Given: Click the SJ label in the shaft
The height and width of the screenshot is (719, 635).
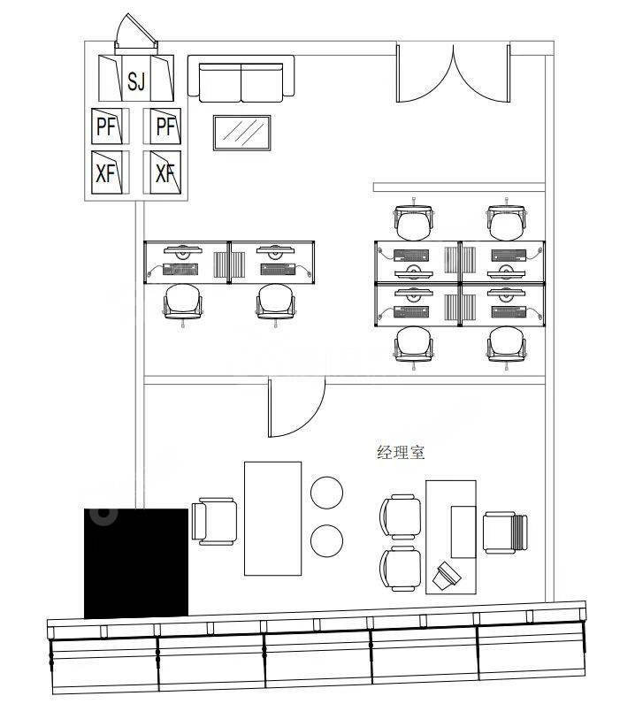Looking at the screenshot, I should pos(135,82).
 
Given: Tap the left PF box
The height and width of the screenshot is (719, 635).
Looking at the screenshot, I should pos(106,126).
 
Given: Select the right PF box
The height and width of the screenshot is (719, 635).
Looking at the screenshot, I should pos(164,126).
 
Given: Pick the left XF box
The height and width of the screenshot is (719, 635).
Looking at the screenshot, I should pos(106,172).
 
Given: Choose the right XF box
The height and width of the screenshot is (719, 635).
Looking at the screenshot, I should pos(164,172).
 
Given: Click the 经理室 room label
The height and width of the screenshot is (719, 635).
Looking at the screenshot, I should pos(401,453).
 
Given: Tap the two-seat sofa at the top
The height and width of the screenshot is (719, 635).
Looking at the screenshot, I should pos(241,80).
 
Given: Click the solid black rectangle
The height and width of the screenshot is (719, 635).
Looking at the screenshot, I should pos(136,562).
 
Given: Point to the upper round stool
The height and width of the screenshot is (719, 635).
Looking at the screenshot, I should pos(327,493).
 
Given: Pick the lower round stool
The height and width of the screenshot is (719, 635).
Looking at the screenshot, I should pos(327,540).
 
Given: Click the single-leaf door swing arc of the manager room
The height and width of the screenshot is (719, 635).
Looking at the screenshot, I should pos(296,409).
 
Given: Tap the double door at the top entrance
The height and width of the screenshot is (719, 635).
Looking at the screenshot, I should pos(454,73).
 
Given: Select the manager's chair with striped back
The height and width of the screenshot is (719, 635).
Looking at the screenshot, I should pos(504,533).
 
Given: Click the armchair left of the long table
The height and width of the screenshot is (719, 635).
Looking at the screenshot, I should pos(216,521).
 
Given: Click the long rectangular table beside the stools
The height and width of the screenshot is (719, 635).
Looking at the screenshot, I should pos(272,517).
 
